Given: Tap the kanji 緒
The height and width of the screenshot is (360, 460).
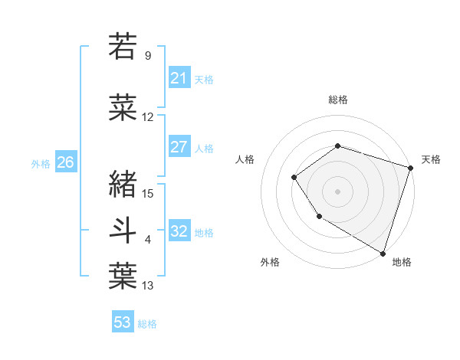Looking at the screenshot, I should (x=123, y=183).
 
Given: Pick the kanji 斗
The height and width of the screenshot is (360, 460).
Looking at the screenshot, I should (x=123, y=229).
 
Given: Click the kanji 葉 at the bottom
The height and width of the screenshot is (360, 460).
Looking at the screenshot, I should (x=123, y=276).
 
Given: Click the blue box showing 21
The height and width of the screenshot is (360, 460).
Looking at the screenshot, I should (x=179, y=77).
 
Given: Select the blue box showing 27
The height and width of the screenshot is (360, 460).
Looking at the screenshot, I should (x=179, y=147).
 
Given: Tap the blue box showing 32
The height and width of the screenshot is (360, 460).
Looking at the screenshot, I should (x=179, y=231).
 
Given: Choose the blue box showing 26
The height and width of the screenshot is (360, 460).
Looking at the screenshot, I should (x=65, y=162).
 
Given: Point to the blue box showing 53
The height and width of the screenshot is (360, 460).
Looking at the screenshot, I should (x=123, y=322).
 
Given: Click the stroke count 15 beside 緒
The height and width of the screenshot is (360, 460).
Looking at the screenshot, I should (x=149, y=193).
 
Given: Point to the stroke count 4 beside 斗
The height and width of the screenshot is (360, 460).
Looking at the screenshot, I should (x=148, y=240).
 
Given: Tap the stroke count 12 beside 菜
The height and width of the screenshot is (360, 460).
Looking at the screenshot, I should (x=148, y=117).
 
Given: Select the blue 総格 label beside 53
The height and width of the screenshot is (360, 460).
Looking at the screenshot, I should (x=147, y=324).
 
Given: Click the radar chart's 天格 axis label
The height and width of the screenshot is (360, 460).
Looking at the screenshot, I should (x=431, y=159).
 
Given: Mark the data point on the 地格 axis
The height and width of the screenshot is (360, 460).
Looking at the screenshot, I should (x=383, y=253).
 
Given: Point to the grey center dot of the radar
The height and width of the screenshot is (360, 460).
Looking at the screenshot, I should (x=337, y=191).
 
